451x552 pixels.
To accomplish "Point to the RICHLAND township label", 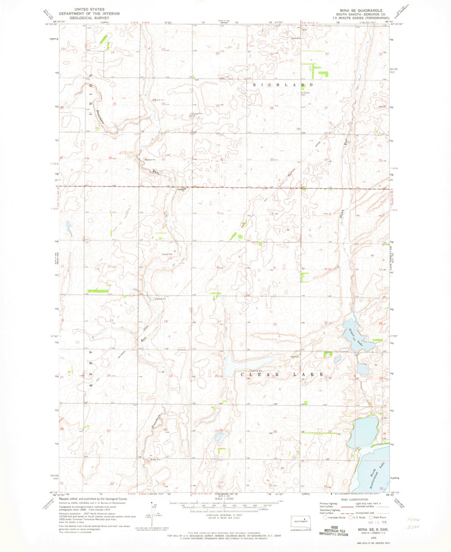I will (283, 84).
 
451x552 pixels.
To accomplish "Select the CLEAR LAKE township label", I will (283, 374).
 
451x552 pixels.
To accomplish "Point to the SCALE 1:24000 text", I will (224, 500).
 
